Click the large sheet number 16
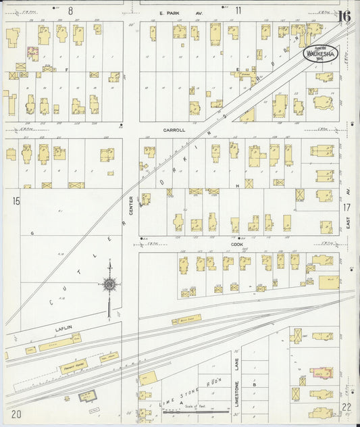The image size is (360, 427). pos(344,17)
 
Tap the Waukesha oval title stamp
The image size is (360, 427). pos(320,53)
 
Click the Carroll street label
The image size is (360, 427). pos(174,130)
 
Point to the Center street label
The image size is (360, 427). pos(131,207)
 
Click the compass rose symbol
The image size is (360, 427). pos(109,284)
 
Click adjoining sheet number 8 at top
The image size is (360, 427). pos(70,10)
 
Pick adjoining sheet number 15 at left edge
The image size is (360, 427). pos(15,201)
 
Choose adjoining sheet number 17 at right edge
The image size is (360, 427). pos(346,207)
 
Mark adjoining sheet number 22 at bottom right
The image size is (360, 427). pos(346,407)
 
